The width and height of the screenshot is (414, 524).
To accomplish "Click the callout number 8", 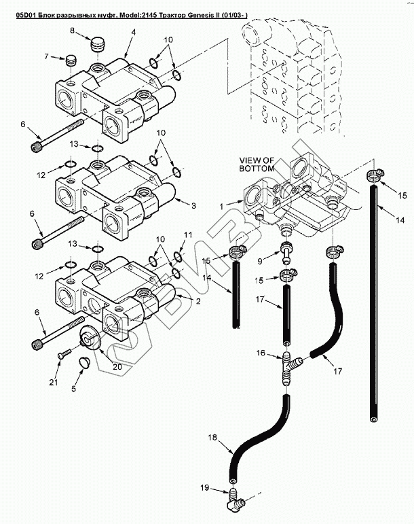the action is coord(73,31).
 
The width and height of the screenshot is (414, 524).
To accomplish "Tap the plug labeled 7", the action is coord(71,60).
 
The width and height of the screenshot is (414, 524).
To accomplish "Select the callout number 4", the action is coord(133,33).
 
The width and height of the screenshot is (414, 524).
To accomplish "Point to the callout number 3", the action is coord(193,205).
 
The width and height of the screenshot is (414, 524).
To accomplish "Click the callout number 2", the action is coord(198,301).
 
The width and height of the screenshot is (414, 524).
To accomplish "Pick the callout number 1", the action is coord(221,207).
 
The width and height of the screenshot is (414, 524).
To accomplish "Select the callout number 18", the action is coord(212,437).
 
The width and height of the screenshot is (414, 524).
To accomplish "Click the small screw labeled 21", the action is coord(64,353).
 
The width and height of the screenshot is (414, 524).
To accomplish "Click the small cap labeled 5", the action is coord(83,363).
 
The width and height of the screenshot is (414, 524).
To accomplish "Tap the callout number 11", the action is coord(188,234).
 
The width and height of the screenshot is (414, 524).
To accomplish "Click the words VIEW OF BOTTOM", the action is coord(257,164).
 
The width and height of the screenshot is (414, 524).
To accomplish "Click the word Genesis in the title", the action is coord(187,16).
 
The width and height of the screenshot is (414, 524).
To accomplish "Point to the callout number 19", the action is coord(205,487).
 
